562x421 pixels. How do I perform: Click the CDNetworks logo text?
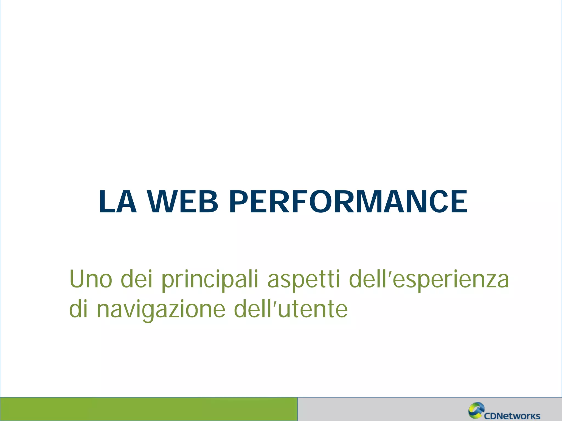coord(512,416)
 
